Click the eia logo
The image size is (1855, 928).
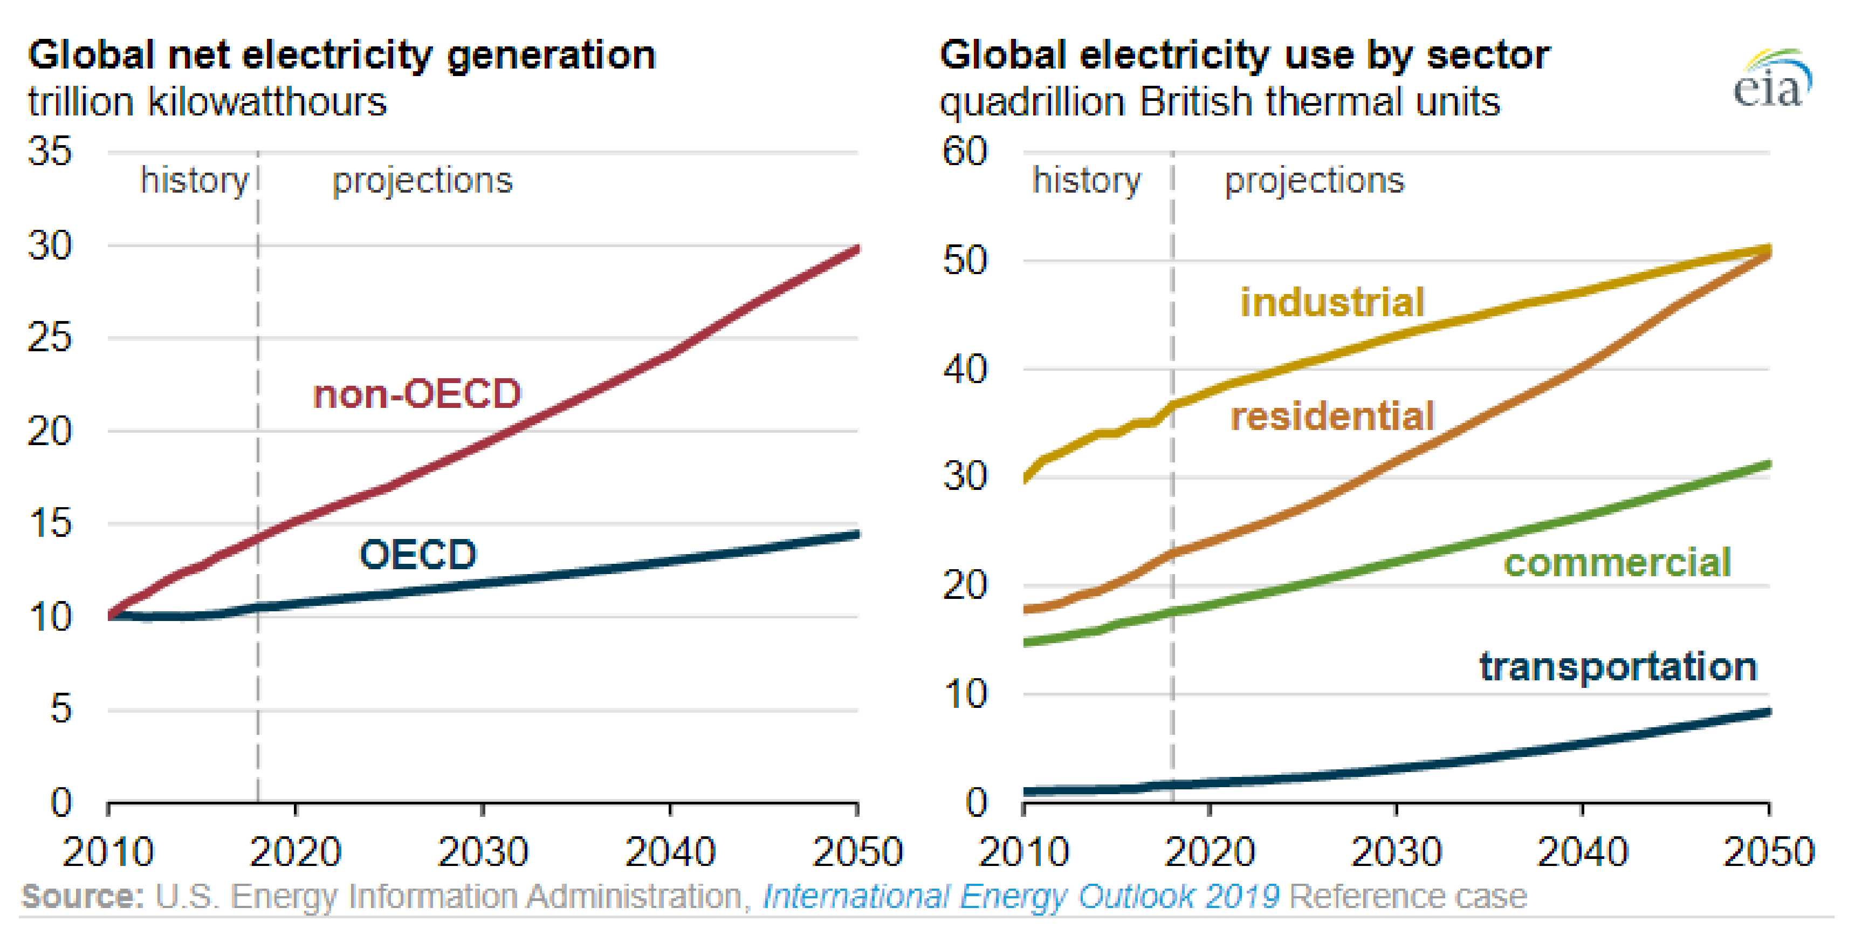[1771, 81]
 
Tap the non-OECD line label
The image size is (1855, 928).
[417, 394]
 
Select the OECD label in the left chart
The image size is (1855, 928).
[418, 554]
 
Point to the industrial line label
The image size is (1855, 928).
[1332, 302]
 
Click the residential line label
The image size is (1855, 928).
[1332, 417]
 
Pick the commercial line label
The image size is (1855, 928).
[1617, 562]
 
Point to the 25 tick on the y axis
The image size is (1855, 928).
[50, 337]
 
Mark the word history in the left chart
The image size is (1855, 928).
[195, 180]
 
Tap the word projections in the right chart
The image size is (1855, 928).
[1314, 180]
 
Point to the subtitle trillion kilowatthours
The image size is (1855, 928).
[208, 101]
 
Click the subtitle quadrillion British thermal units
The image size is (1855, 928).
[1220, 101]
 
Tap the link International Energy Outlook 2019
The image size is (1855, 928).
[1020, 896]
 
